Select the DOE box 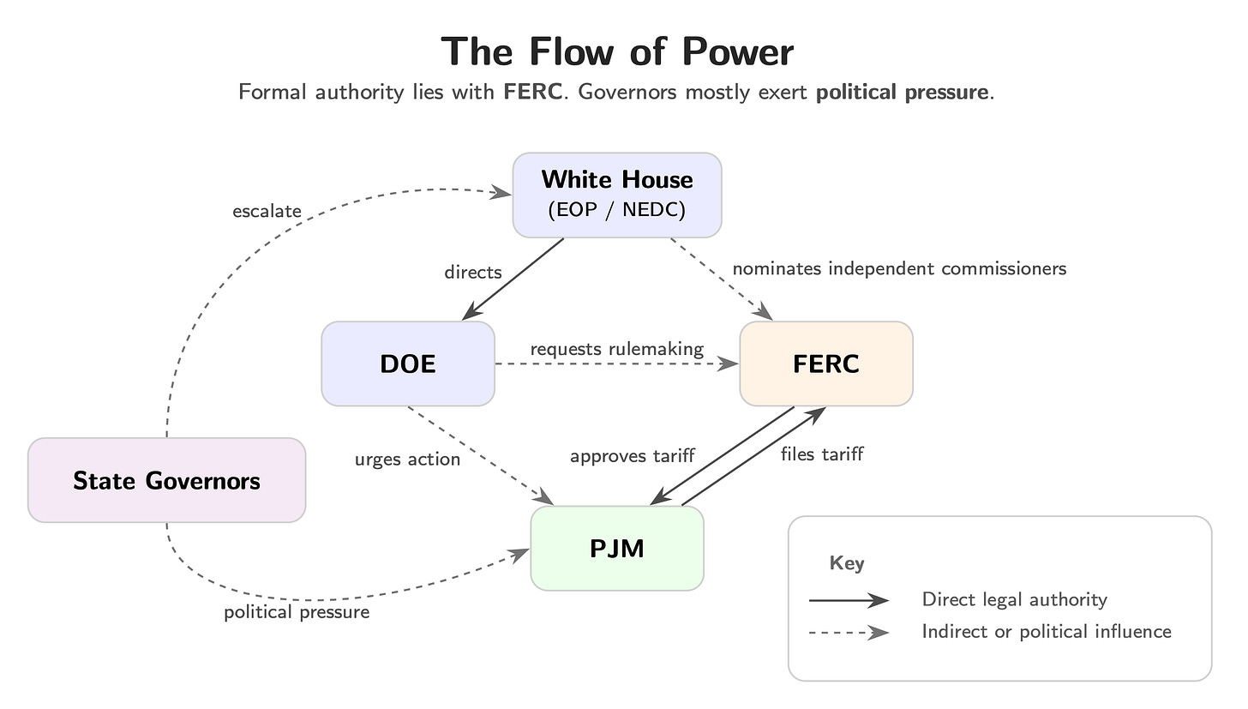408,364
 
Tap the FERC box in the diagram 826,364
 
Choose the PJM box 617,548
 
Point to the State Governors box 166,480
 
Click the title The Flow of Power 617,51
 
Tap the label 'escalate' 267,211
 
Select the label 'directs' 472,273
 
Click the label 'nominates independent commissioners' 899,268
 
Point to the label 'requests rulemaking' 616,349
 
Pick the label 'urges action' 407,460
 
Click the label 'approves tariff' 632,456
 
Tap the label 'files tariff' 821,454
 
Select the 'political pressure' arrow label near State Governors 297,612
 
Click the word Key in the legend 847,563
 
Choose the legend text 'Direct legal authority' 1014,600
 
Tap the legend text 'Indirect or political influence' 1046,632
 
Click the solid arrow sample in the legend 849,600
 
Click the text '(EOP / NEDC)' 617,210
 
